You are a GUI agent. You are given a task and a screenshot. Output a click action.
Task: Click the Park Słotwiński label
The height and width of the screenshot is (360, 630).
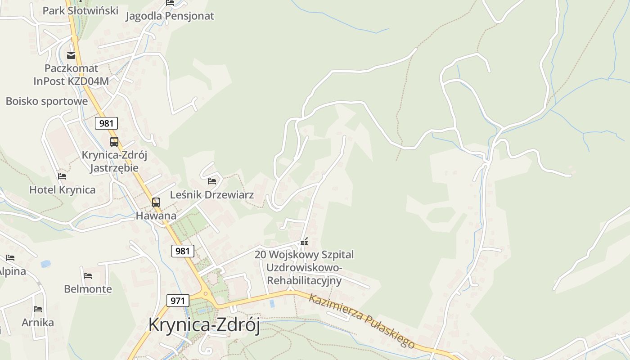(x=80, y=10)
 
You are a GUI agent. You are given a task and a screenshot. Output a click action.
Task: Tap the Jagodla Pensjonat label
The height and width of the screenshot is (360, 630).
(x=170, y=16)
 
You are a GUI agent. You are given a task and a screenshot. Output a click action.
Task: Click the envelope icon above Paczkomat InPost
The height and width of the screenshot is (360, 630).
(x=71, y=55)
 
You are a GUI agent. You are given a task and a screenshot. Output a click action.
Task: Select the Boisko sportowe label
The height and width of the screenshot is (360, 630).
(x=46, y=101)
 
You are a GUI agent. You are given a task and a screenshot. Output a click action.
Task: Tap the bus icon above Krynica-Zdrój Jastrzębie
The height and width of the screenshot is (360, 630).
(x=114, y=142)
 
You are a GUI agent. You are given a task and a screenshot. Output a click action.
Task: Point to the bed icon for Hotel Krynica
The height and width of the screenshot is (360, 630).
(x=62, y=176)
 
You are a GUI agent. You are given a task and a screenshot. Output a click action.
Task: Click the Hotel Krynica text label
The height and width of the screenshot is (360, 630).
(x=62, y=189)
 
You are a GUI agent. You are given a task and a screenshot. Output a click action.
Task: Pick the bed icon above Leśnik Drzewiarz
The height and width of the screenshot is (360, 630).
(x=212, y=181)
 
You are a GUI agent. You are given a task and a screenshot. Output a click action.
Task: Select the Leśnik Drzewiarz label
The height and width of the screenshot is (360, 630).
(x=211, y=195)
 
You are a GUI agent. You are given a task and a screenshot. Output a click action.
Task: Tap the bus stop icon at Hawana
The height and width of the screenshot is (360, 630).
(x=156, y=202)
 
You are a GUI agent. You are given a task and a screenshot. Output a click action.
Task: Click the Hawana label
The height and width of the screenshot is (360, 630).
(x=156, y=216)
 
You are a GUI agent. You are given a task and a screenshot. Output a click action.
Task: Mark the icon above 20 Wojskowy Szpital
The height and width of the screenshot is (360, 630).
(x=304, y=242)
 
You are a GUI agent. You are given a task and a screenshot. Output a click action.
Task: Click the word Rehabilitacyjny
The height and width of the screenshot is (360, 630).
(x=304, y=281)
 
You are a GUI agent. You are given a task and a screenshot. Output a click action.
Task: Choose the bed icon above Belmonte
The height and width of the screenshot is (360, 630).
(x=88, y=275)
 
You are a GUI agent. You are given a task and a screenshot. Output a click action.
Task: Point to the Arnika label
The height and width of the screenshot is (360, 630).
(x=38, y=322)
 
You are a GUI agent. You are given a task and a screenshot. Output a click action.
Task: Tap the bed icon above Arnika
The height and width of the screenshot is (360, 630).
(x=38, y=309)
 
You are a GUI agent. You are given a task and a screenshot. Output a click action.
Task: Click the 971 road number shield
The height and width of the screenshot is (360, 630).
(x=178, y=301)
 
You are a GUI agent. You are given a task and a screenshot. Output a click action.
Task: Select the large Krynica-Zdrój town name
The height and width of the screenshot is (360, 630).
(x=204, y=325)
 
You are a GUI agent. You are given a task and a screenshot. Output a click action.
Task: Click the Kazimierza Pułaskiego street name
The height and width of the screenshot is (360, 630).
(x=361, y=320)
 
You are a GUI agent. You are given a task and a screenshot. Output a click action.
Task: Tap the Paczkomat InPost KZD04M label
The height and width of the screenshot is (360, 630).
(x=71, y=75)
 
